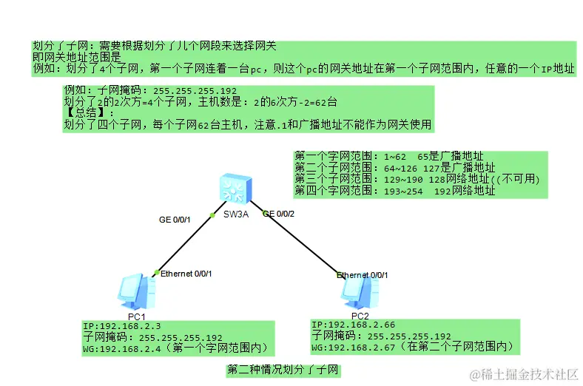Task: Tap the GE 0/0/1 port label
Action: click(175, 220)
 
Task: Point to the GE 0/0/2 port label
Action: click(279, 214)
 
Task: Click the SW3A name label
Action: click(237, 215)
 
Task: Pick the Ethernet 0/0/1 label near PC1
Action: click(186, 274)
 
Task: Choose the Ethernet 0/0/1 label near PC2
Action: click(363, 275)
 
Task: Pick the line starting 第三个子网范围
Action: click(417, 179)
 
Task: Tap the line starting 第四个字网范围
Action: click(394, 191)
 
